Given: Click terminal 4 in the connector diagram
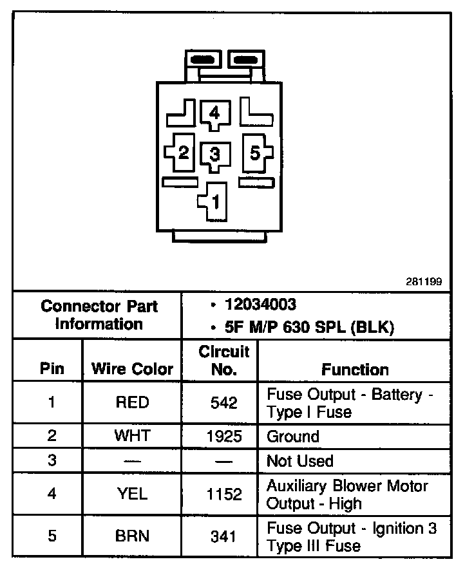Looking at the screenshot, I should coord(214,114).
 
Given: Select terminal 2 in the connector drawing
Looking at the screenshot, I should coord(183,153).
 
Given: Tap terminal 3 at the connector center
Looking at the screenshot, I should coord(214,155).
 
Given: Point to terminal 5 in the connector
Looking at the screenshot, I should coord(255,153).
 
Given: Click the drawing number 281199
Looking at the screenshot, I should coord(424,282).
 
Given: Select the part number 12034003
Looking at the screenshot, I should coord(260,305).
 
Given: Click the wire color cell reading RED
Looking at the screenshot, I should coord(132,402).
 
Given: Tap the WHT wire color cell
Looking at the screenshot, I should coord(132,436).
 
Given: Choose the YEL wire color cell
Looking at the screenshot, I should coord(132,494).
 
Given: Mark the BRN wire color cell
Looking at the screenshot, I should coord(132,536).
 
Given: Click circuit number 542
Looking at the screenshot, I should coord(224,403).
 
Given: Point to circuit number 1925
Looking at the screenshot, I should coord(224,437).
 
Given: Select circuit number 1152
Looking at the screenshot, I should coord(224,494).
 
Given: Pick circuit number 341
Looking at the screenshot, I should coord(224,536).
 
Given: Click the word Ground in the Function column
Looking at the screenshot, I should coord(293,437).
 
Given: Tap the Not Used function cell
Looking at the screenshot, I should coord(300,461).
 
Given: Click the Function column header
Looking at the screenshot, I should coord(355,370).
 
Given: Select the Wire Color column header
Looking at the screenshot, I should coord(132,370).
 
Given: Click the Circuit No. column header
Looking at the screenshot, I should coord(224,361).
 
